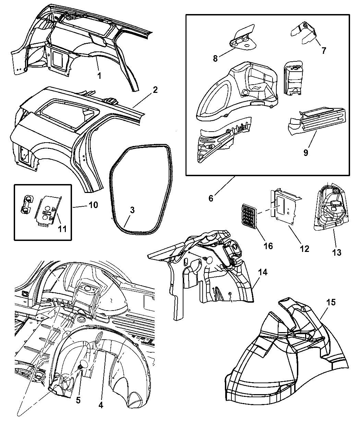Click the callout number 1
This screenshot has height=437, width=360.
(99, 76)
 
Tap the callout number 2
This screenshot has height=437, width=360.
(155, 90)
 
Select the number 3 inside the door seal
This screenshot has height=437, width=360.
(132, 210)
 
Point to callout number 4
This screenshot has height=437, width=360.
(101, 405)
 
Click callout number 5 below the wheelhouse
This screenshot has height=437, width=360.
(78, 400)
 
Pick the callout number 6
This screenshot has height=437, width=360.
(211, 198)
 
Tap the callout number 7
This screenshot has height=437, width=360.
(324, 51)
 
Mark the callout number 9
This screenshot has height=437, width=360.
(305, 152)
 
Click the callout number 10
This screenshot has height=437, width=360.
(93, 205)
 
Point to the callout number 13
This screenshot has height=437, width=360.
(337, 253)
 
